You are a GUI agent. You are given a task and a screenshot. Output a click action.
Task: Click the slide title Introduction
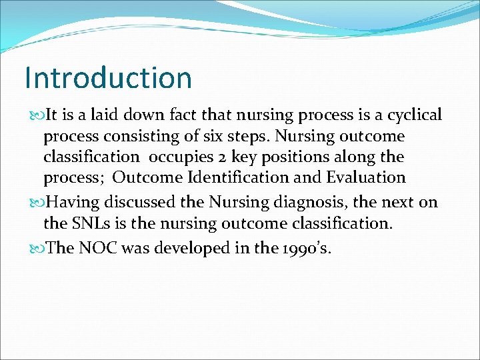coord(108,77)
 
